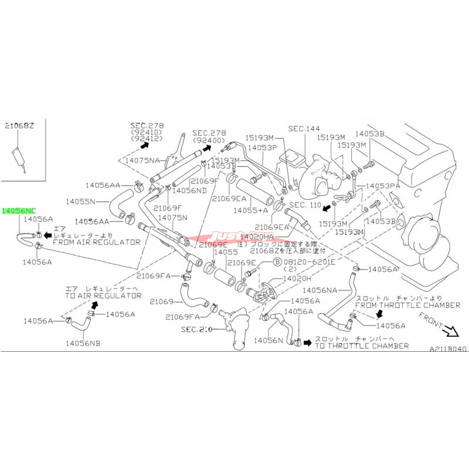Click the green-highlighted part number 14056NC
coord(19,210)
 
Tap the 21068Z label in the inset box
coord(19,126)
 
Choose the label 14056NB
coord(83,342)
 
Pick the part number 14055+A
coord(250,209)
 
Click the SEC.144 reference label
coord(305,128)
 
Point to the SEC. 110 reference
coord(305,205)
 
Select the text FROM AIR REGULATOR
coord(97,242)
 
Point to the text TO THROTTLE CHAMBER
coord(362,346)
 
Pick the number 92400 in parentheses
coord(209,141)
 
